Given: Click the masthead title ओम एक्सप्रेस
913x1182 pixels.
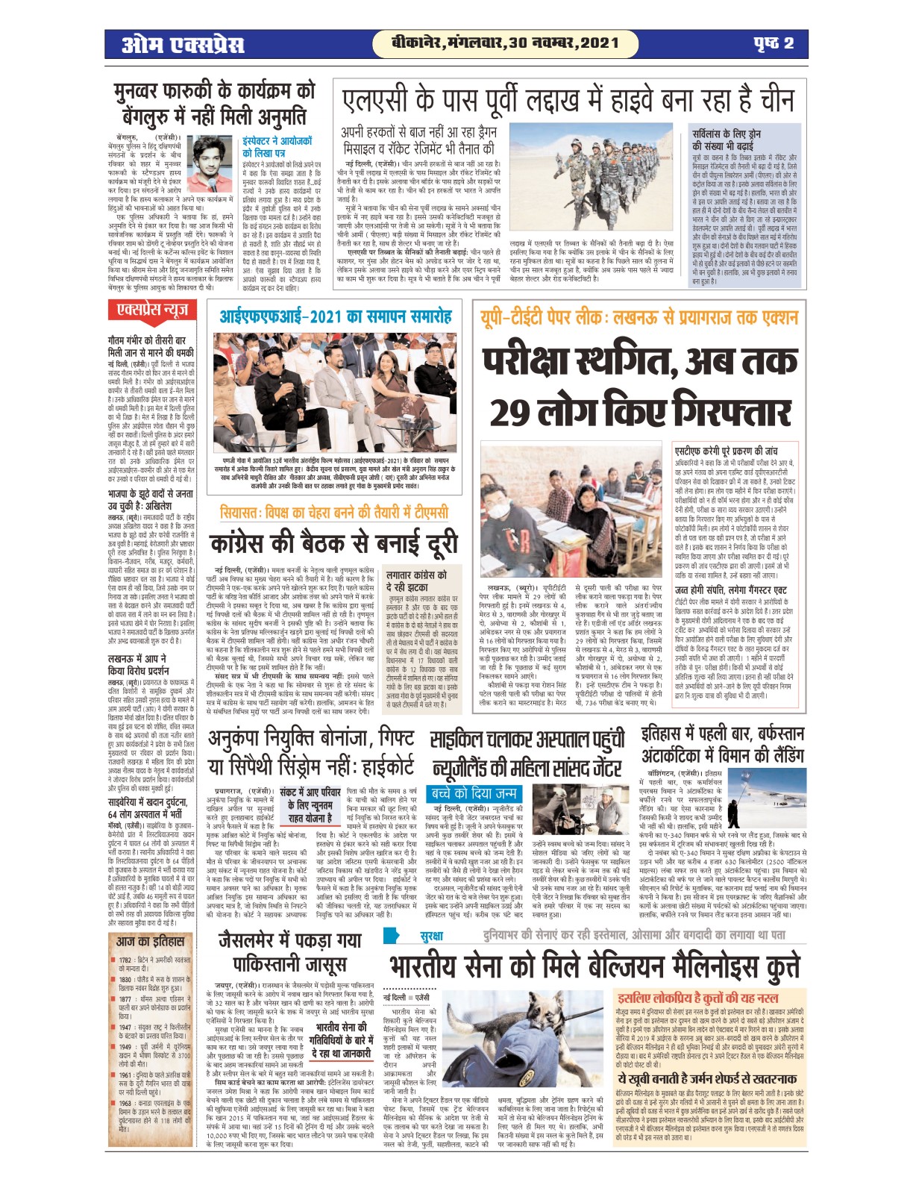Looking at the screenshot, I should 183,45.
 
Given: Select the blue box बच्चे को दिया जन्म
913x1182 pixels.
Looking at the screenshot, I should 474,793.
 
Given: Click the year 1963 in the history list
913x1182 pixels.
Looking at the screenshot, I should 125,1102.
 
